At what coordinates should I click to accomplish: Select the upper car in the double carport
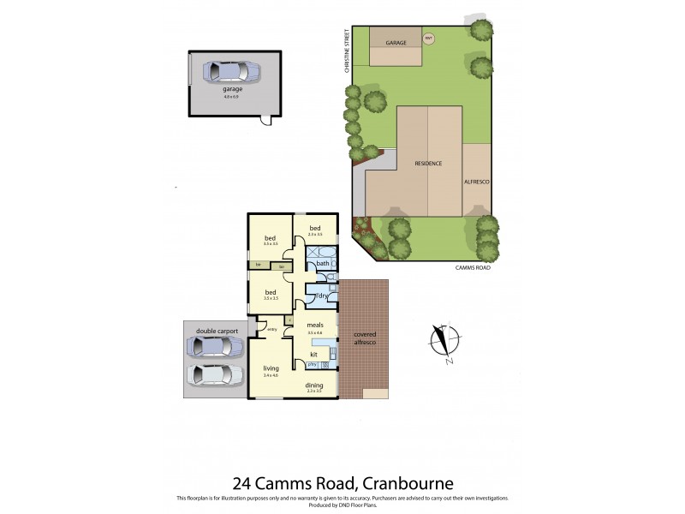point(216,345)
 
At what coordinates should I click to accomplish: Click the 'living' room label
point(271,368)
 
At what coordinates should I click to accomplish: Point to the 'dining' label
point(313,385)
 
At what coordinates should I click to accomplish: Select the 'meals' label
point(314,326)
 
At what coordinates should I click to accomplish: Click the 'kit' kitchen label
point(314,353)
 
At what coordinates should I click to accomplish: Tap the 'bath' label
point(322,263)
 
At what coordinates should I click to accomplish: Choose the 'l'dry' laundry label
point(323,296)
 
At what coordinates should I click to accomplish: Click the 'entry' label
point(271,329)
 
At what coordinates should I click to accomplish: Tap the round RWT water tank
point(429,38)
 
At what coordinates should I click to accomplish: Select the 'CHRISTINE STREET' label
point(348,52)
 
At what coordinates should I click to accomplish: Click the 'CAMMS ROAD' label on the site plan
point(473,268)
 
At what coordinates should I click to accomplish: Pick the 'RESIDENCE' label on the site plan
point(428,162)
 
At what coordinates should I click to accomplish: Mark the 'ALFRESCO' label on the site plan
point(475,182)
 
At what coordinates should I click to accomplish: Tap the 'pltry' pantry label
point(301,364)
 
